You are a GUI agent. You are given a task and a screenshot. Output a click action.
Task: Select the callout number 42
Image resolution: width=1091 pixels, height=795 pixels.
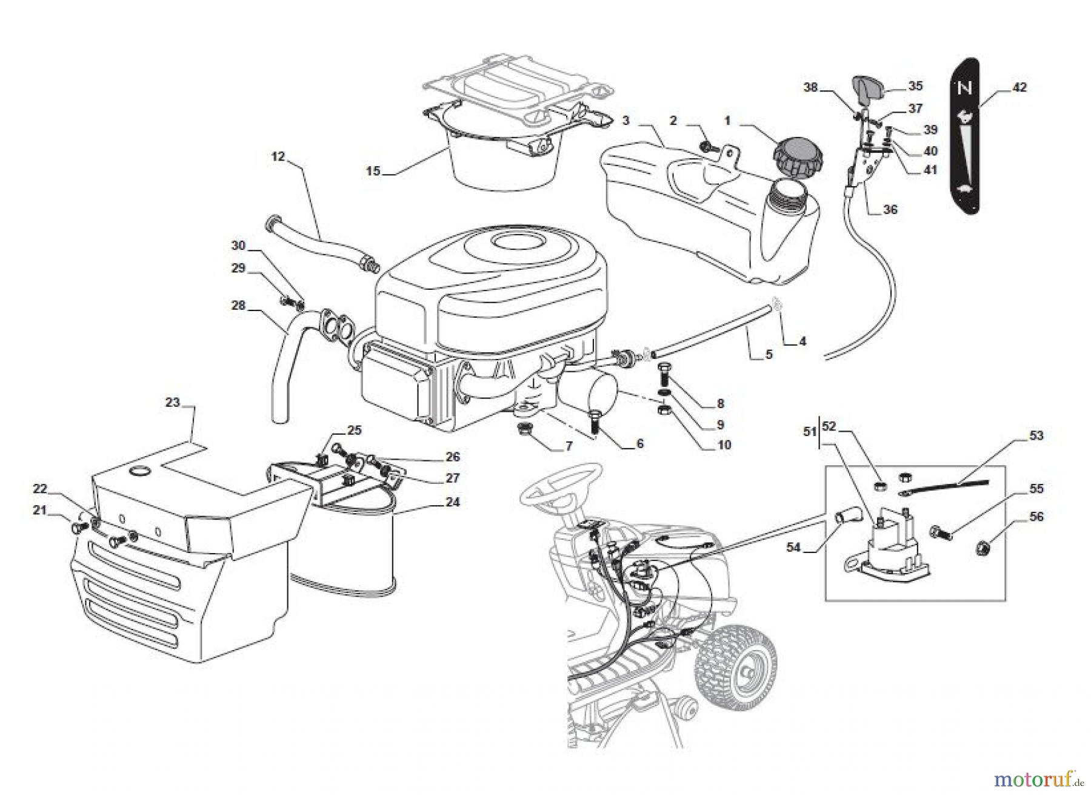(1019, 87)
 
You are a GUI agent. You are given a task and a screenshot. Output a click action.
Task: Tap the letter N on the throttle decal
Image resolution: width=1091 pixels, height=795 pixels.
(964, 89)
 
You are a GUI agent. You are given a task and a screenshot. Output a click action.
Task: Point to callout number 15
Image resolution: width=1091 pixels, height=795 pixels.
(373, 171)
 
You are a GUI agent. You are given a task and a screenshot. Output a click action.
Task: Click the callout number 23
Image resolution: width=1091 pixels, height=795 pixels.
(173, 402)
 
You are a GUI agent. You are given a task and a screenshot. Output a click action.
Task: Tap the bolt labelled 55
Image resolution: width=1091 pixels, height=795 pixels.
(938, 532)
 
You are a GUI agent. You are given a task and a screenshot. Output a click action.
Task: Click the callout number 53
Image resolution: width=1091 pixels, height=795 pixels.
(1036, 435)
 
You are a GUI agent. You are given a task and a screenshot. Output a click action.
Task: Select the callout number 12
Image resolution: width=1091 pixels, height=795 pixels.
(278, 156)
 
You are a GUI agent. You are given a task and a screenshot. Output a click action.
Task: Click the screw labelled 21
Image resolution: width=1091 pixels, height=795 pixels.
(77, 528)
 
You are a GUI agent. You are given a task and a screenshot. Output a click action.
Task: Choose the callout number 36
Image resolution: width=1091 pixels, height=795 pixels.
(890, 210)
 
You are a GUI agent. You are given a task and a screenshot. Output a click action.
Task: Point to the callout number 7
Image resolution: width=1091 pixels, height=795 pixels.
(569, 446)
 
